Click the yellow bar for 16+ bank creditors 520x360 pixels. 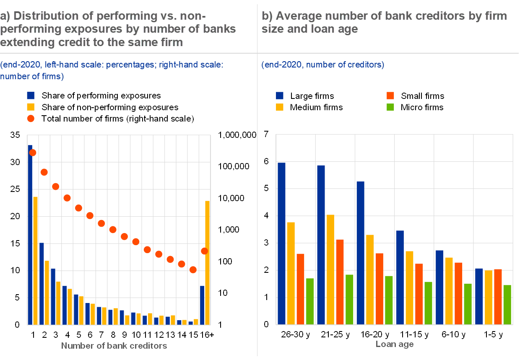click(x=207, y=263)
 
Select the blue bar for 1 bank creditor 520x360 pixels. click(x=30, y=235)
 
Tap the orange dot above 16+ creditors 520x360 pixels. click(x=204, y=251)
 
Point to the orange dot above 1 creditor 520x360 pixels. click(x=33, y=153)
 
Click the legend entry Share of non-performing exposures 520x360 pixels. click(x=110, y=107)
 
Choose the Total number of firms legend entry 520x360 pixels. click(x=117, y=119)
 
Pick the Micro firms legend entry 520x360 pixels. click(x=421, y=107)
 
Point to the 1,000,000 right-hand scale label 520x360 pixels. click(x=237, y=135)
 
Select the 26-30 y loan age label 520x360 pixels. click(x=295, y=335)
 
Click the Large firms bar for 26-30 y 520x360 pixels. click(x=281, y=243)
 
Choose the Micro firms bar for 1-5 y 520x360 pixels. click(x=507, y=305)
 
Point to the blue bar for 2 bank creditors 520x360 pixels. click(x=42, y=284)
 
